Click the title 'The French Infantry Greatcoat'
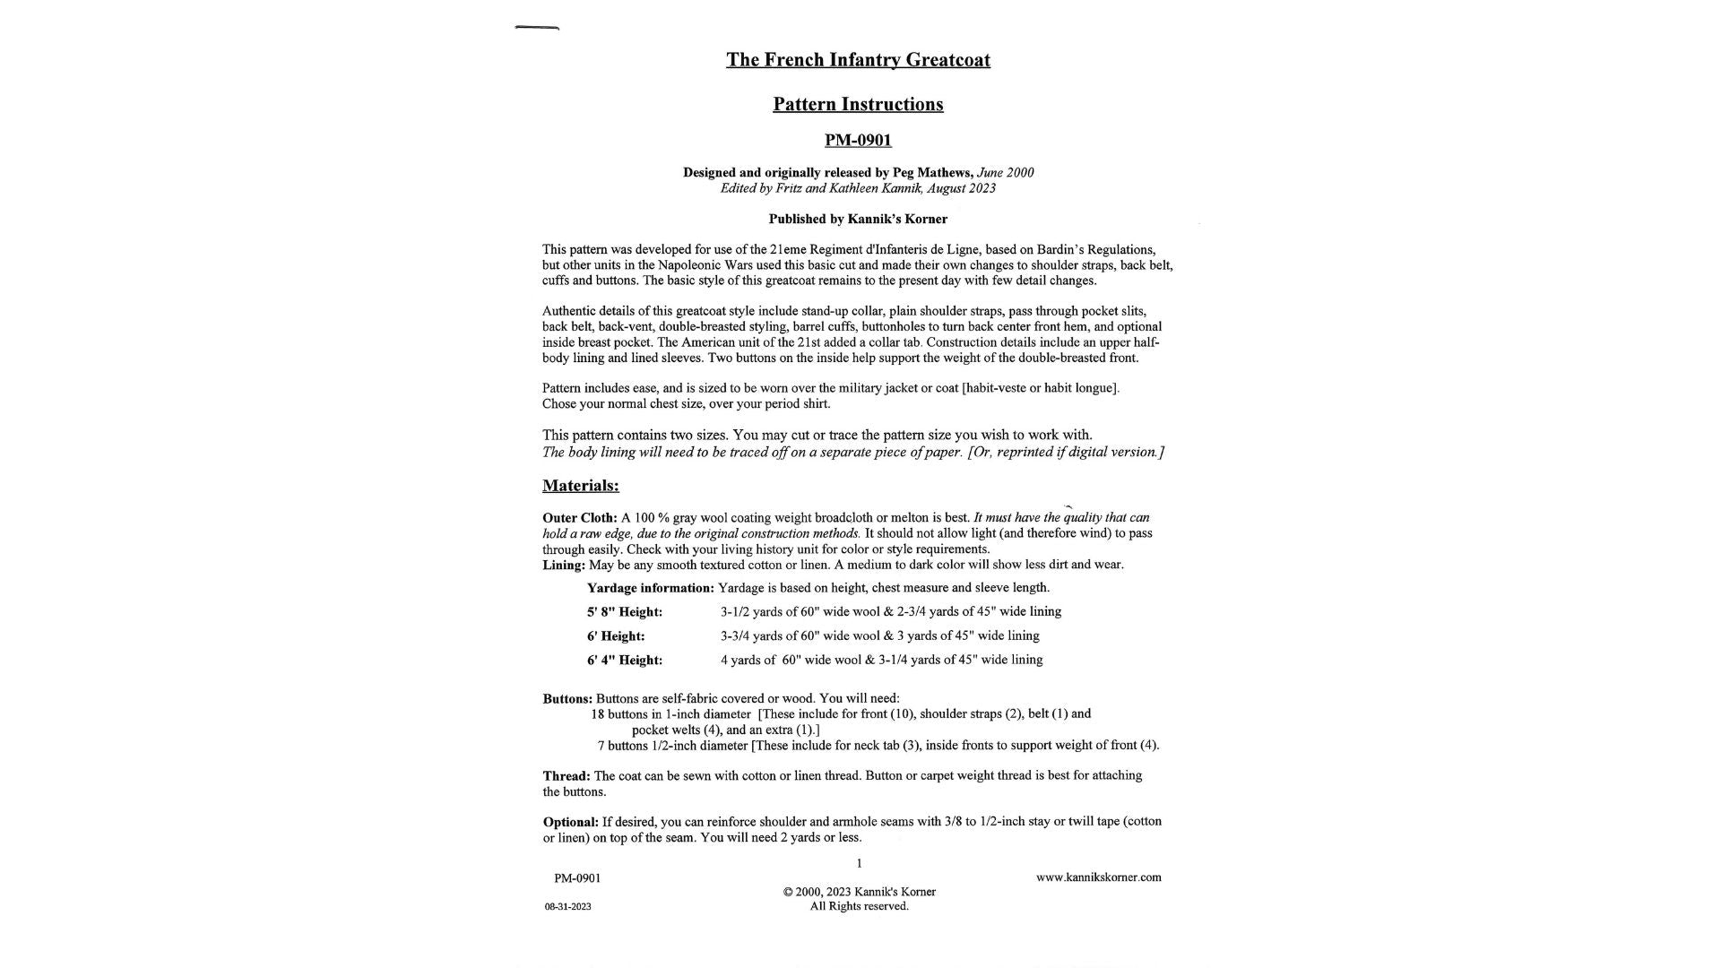click(x=858, y=60)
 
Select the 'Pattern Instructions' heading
click(x=858, y=104)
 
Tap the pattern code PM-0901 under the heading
click(x=858, y=140)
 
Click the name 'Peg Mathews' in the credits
click(x=931, y=172)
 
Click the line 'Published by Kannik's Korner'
click(x=858, y=219)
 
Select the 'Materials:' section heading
click(x=580, y=486)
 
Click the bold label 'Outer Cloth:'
click(x=579, y=518)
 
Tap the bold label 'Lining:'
click(x=563, y=565)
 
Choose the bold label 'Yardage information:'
click(x=650, y=588)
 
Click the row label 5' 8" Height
click(x=624, y=612)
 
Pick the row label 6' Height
click(x=616, y=636)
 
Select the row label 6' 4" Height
click(x=624, y=661)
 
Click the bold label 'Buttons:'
click(x=566, y=699)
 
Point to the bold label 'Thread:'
click(x=566, y=776)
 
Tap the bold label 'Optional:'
click(x=570, y=822)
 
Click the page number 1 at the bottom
click(x=859, y=863)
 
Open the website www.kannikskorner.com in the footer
click(x=1098, y=877)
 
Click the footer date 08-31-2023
click(x=567, y=906)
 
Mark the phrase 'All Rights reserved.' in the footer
click(x=859, y=906)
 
